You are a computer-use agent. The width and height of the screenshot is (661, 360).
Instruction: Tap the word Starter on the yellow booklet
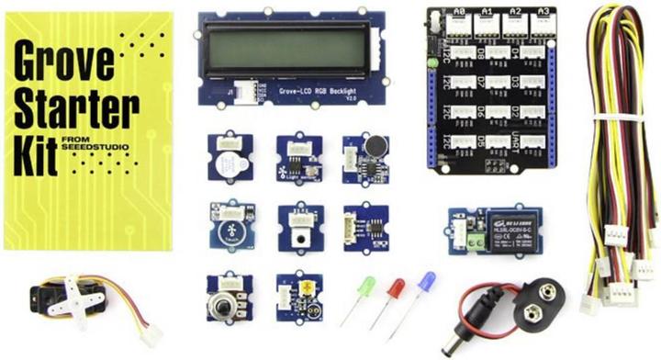63,97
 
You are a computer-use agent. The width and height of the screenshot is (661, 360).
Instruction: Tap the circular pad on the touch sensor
227,220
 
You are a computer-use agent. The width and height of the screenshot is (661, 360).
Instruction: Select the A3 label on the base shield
544,14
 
